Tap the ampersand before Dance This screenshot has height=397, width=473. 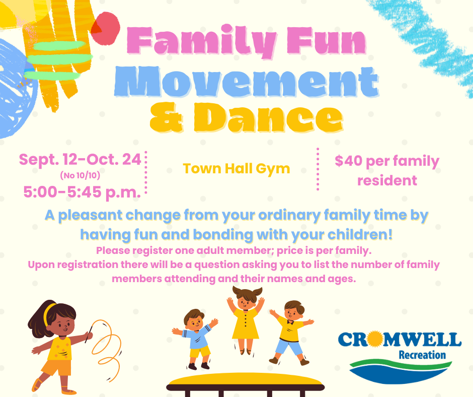point(166,117)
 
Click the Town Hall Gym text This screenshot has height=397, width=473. point(236,169)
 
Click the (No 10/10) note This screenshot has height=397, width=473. point(80,175)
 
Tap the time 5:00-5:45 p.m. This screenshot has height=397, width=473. point(82,192)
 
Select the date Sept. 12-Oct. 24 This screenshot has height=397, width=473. point(80,159)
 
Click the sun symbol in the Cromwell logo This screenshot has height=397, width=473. point(375,339)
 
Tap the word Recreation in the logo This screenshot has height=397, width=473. point(422,355)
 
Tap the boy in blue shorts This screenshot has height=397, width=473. point(290,333)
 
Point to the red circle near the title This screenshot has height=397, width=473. point(106,28)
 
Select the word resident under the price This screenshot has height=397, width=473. point(387,181)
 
